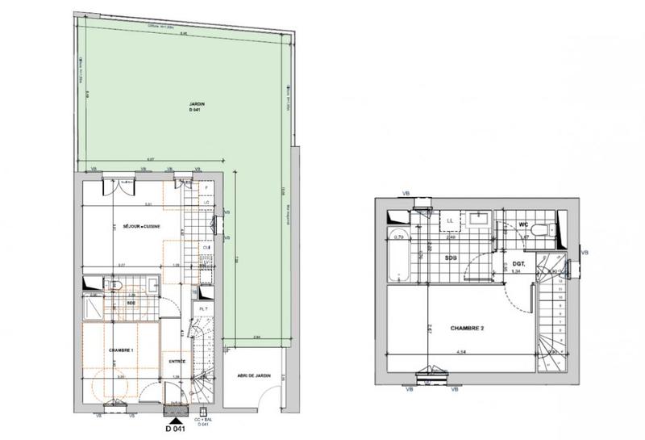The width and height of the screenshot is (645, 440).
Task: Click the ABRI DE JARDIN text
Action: [254, 376]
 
